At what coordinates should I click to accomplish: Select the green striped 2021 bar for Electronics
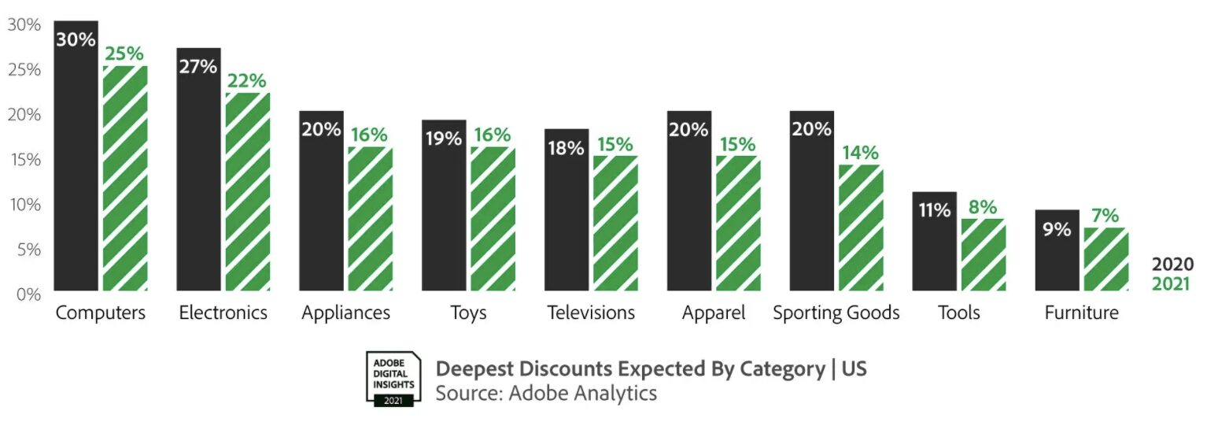click(248, 193)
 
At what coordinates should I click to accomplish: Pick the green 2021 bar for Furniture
click(1106, 260)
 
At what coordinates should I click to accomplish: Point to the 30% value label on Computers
click(76, 39)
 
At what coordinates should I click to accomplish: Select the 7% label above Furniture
click(1105, 216)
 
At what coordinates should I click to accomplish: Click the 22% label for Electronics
click(247, 81)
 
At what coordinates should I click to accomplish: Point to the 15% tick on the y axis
click(24, 159)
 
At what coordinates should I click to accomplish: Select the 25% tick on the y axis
click(24, 69)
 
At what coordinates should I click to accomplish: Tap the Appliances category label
click(345, 313)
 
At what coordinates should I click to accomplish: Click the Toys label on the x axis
click(468, 313)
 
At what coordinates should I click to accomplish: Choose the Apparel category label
click(714, 313)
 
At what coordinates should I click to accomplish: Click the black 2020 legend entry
click(1172, 265)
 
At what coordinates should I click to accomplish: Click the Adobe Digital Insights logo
click(393, 378)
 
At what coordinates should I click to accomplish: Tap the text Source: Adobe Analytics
click(546, 392)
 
